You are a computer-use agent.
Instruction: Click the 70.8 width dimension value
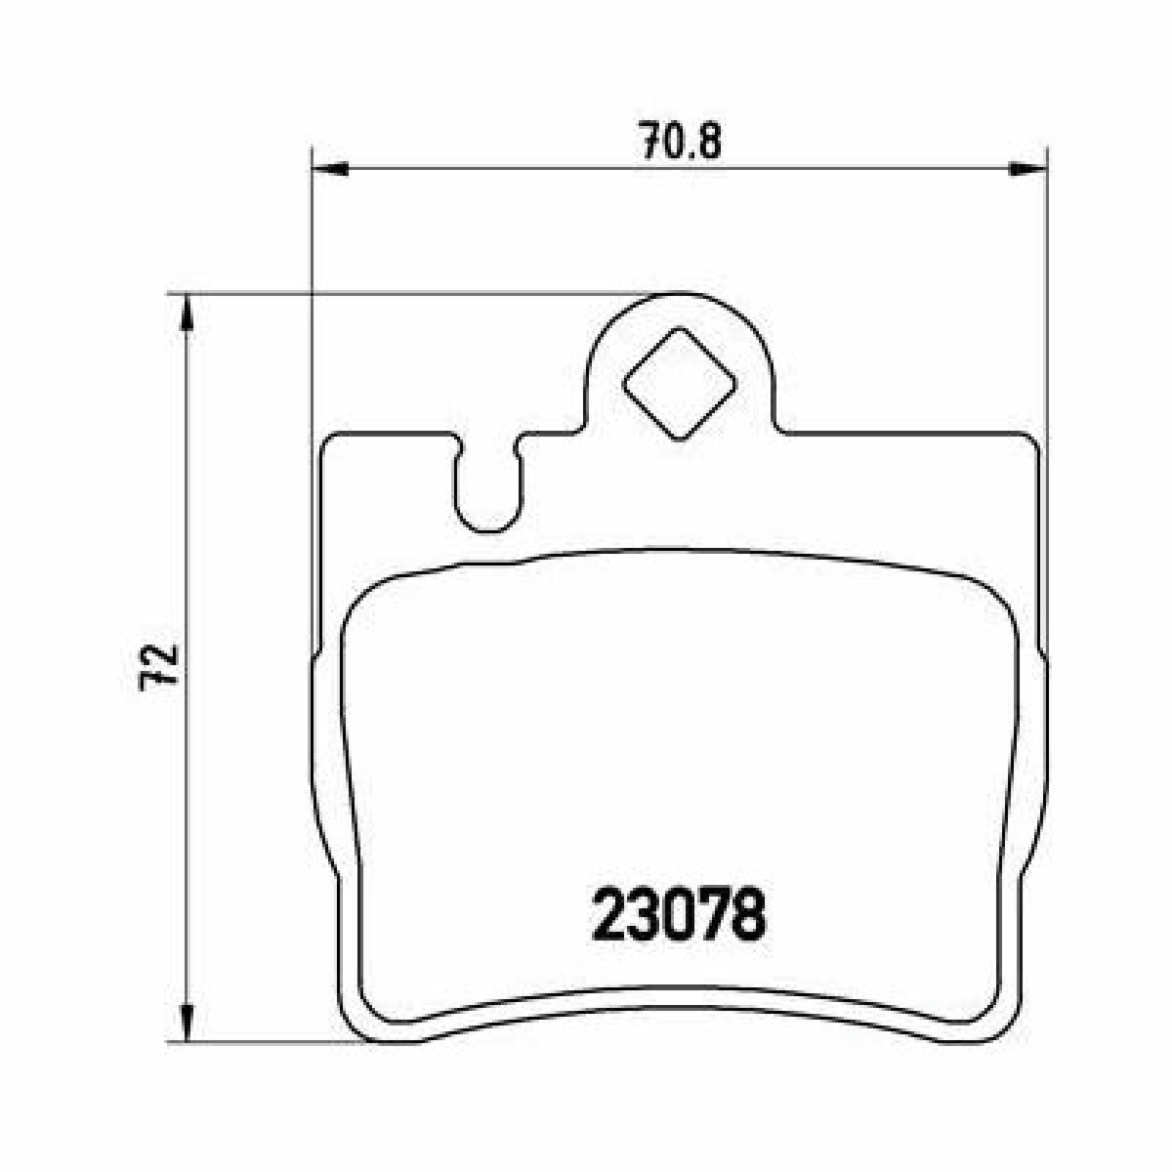coord(682,141)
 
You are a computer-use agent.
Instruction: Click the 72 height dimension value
coord(159,668)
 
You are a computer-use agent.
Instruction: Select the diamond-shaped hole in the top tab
coord(680,384)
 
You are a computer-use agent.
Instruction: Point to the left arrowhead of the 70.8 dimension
coord(330,169)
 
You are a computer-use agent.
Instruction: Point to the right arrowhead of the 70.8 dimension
coord(1027,169)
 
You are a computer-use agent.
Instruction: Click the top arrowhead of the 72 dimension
coord(188,314)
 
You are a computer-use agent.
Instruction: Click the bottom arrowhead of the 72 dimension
coord(188,1024)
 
